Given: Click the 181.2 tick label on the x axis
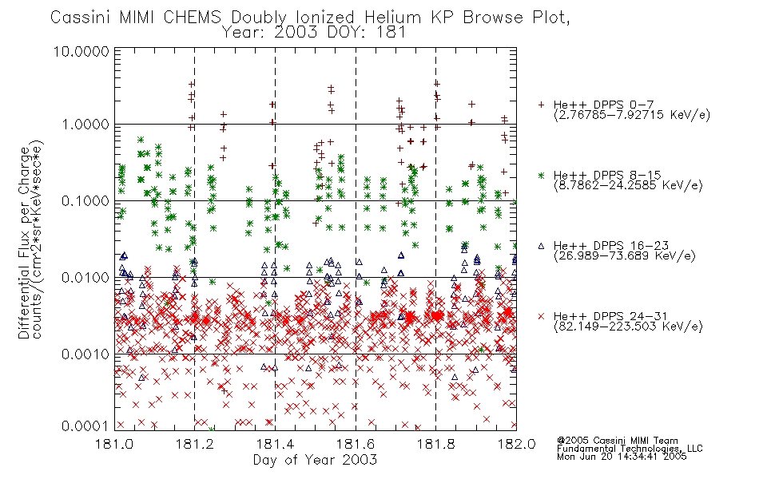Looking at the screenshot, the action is pyautogui.click(x=195, y=444).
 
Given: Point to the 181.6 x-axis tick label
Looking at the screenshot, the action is pyautogui.click(x=356, y=444).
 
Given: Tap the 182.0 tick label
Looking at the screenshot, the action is pyautogui.click(x=516, y=444).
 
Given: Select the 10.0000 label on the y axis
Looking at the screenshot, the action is pyautogui.click(x=81, y=51).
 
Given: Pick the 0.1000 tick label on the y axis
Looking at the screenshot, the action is pyautogui.click(x=85, y=201).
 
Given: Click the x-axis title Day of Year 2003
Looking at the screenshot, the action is pyautogui.click(x=315, y=460).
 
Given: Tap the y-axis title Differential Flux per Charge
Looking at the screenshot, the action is pyautogui.click(x=25, y=243).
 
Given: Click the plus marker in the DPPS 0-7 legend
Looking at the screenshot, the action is pyautogui.click(x=541, y=105).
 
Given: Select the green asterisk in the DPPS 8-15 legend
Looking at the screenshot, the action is pyautogui.click(x=541, y=175).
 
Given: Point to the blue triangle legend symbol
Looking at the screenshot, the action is pyautogui.click(x=541, y=246).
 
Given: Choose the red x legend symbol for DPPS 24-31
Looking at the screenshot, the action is pyautogui.click(x=541, y=316).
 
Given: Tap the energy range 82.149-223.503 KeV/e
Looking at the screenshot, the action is pyautogui.click(x=628, y=327).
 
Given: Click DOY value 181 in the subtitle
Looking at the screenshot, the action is pyautogui.click(x=392, y=33).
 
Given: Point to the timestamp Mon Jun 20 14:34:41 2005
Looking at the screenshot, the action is pyautogui.click(x=622, y=457).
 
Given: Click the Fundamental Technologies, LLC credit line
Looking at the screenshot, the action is pyautogui.click(x=630, y=449).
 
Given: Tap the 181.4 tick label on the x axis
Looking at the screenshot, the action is pyautogui.click(x=275, y=444).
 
